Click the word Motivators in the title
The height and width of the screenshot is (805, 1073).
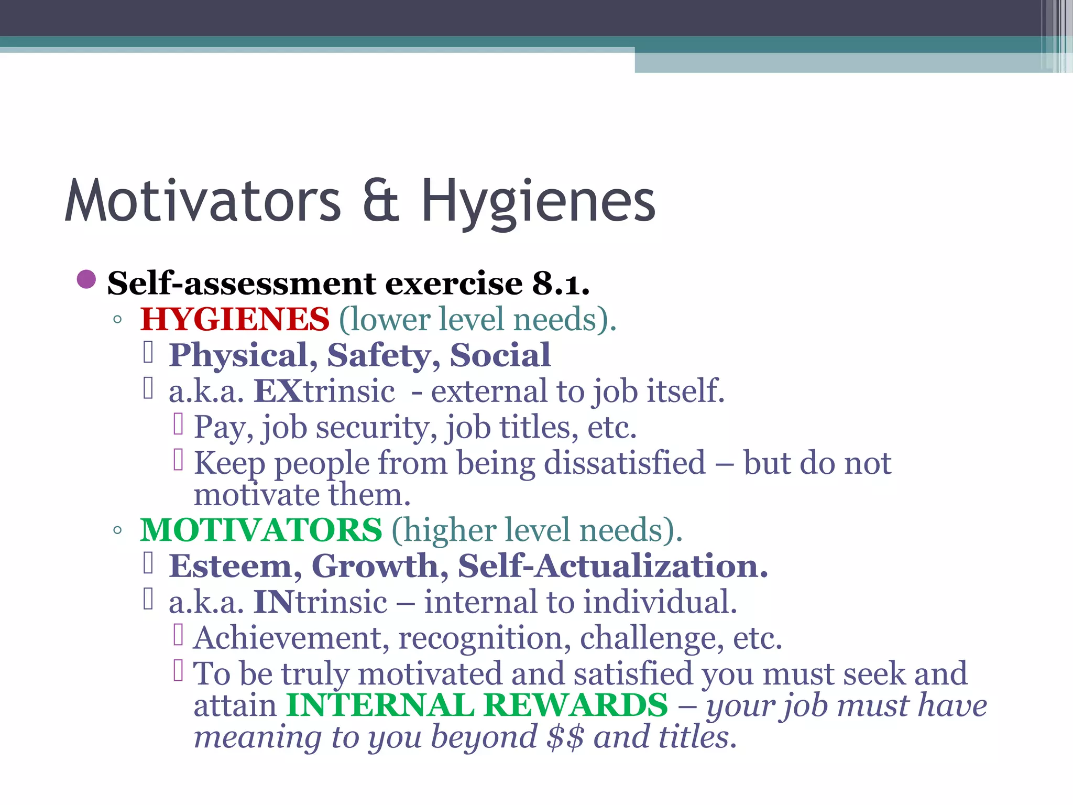click(x=203, y=202)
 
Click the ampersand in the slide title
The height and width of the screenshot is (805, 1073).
click(x=381, y=202)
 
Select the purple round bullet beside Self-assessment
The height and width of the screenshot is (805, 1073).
click(x=86, y=279)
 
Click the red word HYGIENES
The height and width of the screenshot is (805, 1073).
click(x=235, y=319)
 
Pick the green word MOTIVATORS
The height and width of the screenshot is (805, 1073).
click(x=261, y=530)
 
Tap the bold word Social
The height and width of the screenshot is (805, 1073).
click(x=500, y=355)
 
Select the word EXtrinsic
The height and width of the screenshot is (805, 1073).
click(x=324, y=391)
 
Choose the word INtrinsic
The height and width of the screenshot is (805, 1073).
click(x=320, y=602)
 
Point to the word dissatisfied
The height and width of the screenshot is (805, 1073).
click(x=625, y=463)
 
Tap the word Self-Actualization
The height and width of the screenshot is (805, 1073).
click(x=612, y=566)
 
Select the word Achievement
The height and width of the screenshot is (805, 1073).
click(x=291, y=638)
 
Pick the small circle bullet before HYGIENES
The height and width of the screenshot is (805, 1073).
click(x=117, y=319)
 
